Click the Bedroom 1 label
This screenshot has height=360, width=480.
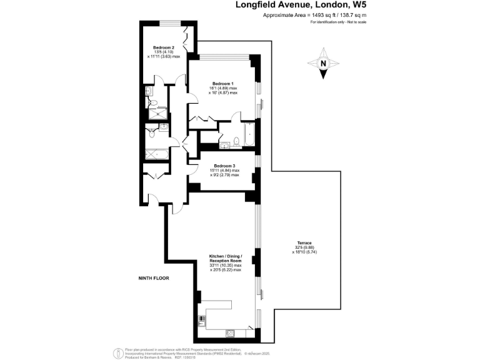click(222, 84)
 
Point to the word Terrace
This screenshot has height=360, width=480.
click(304, 242)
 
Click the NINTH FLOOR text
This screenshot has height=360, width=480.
click(154, 277)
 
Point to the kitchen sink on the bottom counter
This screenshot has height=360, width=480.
click(231, 332)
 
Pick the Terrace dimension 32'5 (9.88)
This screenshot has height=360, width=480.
click(305, 247)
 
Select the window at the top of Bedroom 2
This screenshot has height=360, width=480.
click(168, 23)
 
